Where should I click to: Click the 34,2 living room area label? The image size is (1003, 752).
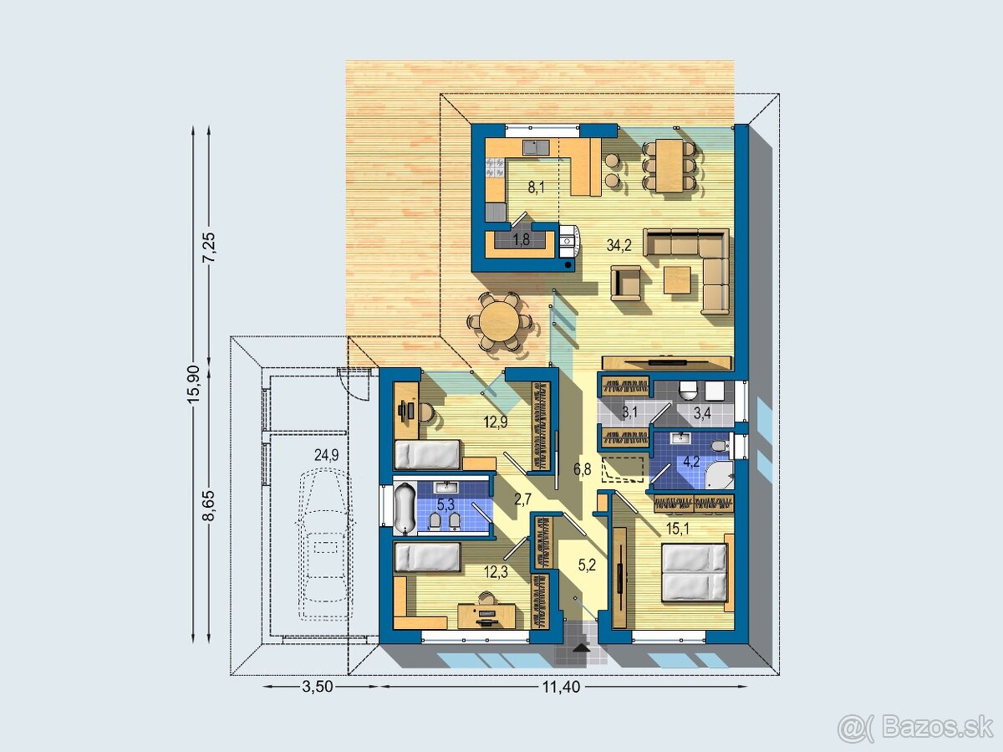tap(619, 245)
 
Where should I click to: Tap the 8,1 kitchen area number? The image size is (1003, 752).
tap(536, 187)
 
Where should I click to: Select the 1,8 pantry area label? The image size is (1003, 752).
tap(521, 239)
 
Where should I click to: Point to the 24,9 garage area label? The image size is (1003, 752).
tap(326, 455)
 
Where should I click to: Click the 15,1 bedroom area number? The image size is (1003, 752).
tap(678, 529)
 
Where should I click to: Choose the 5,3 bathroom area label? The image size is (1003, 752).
tap(445, 504)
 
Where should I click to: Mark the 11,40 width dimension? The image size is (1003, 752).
tap(561, 687)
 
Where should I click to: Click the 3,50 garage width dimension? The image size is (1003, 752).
tap(317, 687)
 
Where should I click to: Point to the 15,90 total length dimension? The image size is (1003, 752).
tap(193, 384)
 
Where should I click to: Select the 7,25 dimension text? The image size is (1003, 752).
tap(209, 248)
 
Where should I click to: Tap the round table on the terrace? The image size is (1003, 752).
tap(499, 322)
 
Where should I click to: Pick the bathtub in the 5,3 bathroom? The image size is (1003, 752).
tap(405, 508)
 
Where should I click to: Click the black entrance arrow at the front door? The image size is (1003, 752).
tap(580, 647)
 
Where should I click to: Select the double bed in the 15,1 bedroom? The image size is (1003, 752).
tap(694, 573)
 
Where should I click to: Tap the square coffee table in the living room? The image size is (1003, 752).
tap(677, 279)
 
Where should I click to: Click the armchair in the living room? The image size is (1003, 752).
tap(625, 284)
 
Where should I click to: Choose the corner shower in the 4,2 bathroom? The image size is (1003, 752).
tap(720, 476)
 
